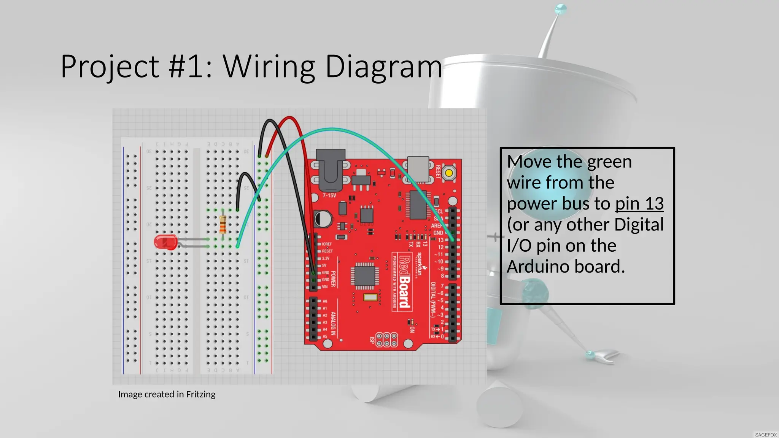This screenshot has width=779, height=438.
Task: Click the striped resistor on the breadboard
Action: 223,224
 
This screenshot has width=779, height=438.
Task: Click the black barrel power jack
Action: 331,170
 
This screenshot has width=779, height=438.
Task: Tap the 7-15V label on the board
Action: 329,195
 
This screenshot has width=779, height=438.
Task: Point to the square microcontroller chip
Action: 365,275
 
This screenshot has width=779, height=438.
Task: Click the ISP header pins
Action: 386,340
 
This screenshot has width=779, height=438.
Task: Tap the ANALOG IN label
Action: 333,324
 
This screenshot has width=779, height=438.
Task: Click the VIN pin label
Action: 325,287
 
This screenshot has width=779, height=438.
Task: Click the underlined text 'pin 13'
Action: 639,204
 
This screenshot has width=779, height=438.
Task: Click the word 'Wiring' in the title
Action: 269,67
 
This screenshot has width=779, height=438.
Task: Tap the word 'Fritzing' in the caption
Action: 200,394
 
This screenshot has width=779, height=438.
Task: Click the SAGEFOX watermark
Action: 766,435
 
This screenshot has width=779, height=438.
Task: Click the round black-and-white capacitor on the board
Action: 323,219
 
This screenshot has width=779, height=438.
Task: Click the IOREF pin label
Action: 327,244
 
